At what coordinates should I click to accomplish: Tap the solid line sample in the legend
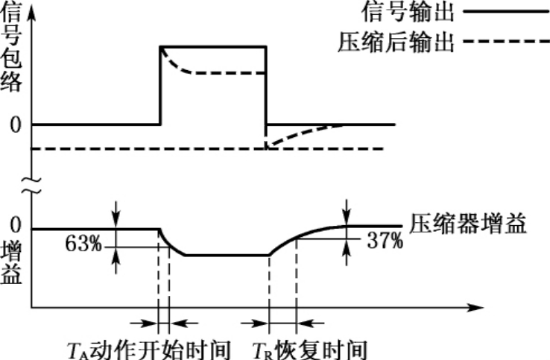(504, 13)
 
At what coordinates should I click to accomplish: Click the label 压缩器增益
(468, 223)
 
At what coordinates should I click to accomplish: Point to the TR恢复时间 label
(309, 348)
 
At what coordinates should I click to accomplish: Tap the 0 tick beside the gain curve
(14, 228)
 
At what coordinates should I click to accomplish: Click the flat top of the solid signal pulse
(212, 47)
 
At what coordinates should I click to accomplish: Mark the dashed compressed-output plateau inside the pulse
(227, 73)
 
